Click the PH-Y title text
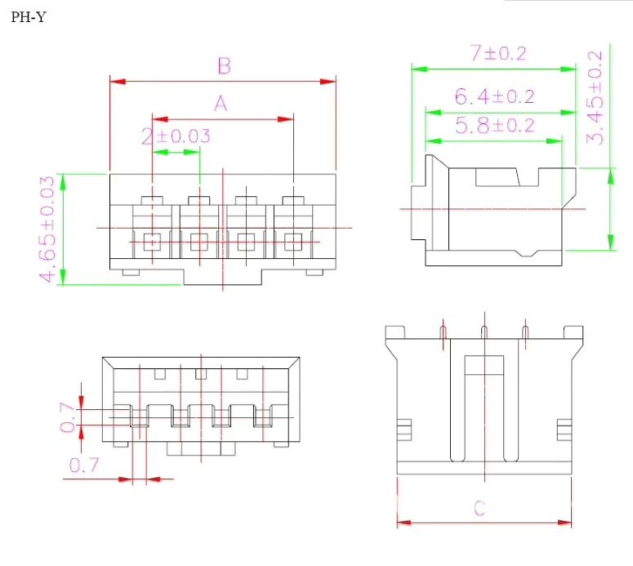tap(29, 17)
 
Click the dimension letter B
tap(224, 65)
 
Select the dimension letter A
tap(221, 104)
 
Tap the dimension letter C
tap(479, 508)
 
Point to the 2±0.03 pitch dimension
tap(176, 136)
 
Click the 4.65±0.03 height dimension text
tap(47, 229)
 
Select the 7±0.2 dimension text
tap(498, 53)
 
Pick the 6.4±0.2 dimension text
tap(494, 96)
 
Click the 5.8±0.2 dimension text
tap(494, 125)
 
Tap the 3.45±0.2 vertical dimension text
tap(595, 97)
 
